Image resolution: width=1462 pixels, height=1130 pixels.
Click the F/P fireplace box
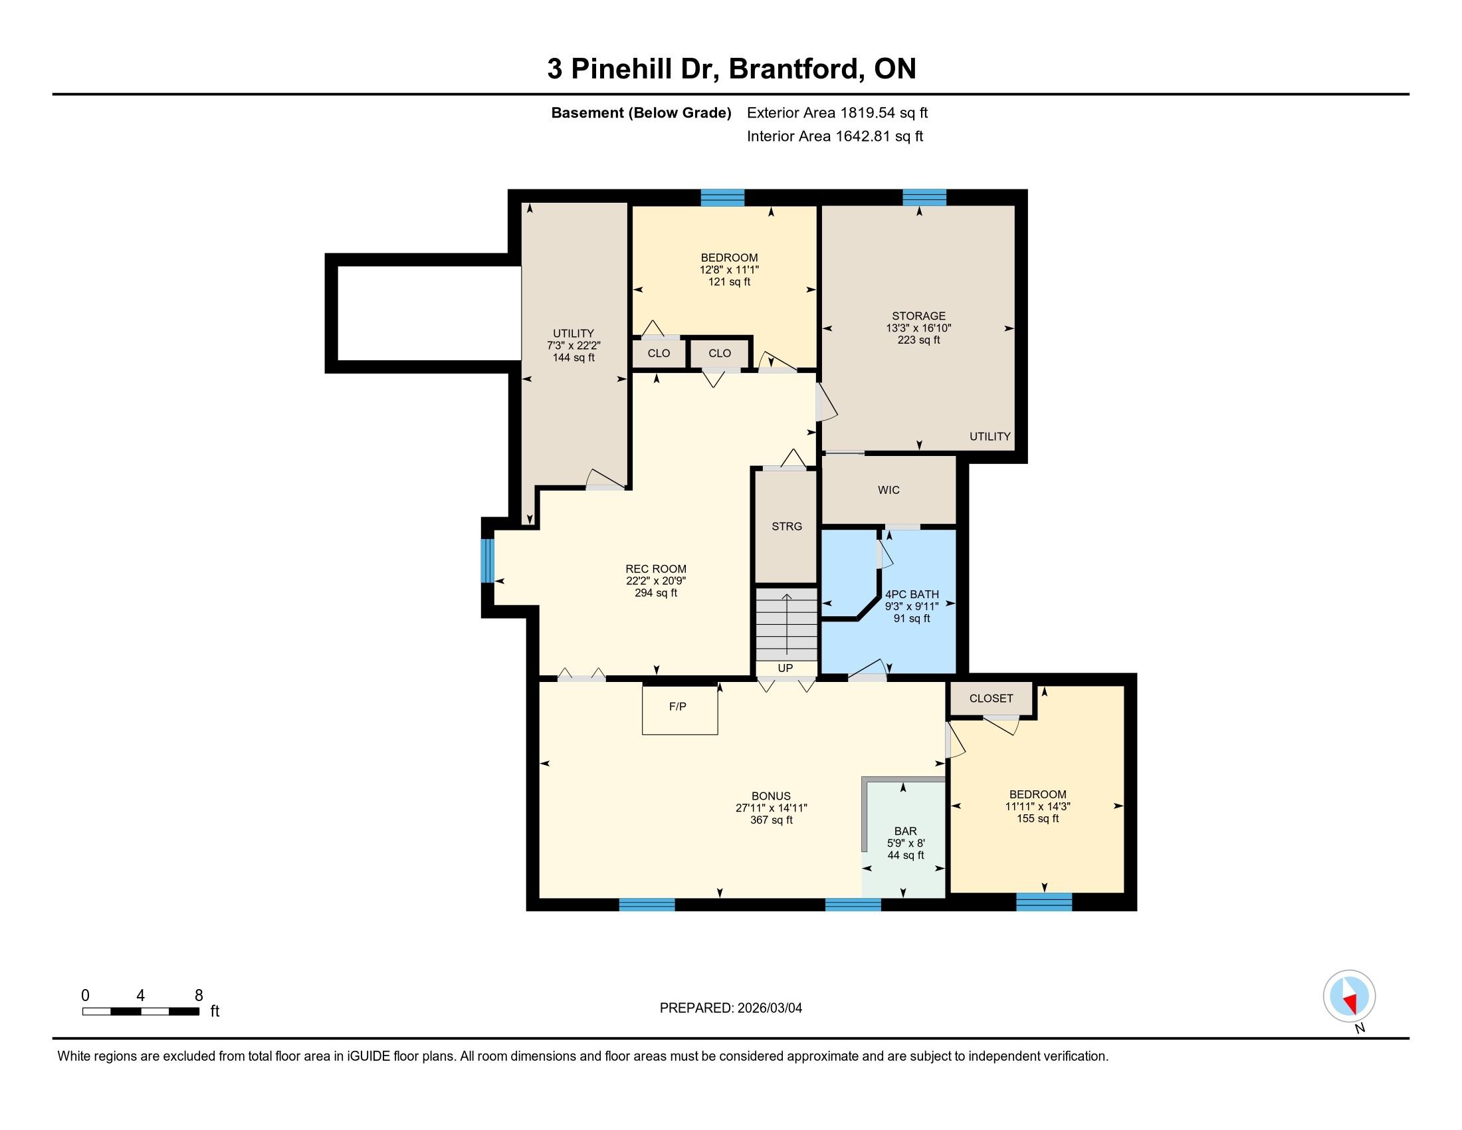click(x=679, y=710)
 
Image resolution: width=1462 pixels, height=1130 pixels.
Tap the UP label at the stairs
click(x=785, y=668)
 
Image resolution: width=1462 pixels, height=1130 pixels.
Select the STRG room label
click(x=787, y=526)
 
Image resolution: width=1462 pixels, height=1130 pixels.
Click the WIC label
click(x=889, y=490)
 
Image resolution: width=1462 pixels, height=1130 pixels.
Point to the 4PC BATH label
click(x=912, y=594)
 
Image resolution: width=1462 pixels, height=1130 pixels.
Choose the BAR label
click(x=906, y=832)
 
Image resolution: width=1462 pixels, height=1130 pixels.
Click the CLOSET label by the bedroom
click(x=992, y=698)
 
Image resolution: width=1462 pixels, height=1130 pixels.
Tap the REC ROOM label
click(x=656, y=569)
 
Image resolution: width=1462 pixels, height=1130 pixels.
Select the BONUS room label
click(x=771, y=796)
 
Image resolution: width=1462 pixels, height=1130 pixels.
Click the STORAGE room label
click(x=918, y=316)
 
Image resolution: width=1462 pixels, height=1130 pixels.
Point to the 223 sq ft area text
click(x=918, y=340)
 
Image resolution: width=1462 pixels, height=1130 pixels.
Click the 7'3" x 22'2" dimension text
click(x=574, y=346)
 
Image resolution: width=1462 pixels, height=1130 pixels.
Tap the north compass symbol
click(x=1349, y=996)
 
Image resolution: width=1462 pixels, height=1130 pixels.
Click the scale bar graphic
click(x=141, y=1012)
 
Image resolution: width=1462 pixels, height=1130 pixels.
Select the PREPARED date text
click(x=731, y=1008)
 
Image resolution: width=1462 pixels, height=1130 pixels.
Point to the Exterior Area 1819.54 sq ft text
click(x=837, y=112)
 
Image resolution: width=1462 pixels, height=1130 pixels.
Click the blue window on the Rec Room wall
click(x=488, y=561)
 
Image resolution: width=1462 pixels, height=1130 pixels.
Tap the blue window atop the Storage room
click(x=924, y=197)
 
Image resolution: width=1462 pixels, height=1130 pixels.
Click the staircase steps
click(x=787, y=624)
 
